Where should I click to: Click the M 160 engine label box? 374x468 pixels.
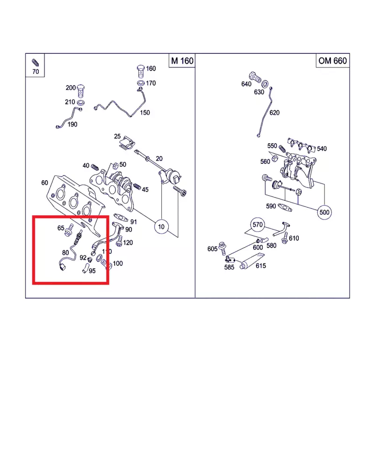coord(182,61)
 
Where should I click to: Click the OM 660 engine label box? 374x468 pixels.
coord(333,61)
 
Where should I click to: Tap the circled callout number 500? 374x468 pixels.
coord(324,212)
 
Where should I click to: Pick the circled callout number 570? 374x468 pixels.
coord(257,224)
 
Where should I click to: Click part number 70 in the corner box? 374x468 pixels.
coord(36,72)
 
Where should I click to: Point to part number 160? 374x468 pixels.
coord(151,69)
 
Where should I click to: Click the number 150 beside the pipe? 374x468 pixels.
coord(145,113)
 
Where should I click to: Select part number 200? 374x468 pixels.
coord(71,88)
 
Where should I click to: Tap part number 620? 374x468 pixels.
coord(274,113)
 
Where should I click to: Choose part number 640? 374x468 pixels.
coord(246,84)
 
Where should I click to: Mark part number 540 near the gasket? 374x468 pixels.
coord(322,149)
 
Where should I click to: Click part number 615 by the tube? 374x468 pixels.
coord(260,266)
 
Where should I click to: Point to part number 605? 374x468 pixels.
coord(212,249)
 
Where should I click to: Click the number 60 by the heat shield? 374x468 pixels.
coord(44,183)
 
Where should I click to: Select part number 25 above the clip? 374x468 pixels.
coord(117,137)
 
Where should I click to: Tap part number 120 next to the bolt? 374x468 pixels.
coord(128,242)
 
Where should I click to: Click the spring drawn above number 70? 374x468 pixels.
coord(35,62)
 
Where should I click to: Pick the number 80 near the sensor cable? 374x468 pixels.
coord(65,253)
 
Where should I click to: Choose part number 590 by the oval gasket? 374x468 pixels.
coord(271,206)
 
